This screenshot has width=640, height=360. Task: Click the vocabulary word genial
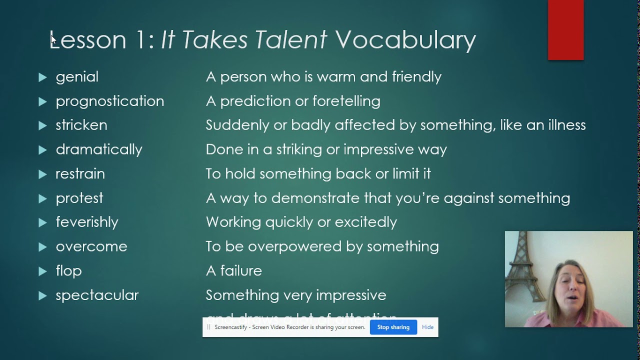(77, 77)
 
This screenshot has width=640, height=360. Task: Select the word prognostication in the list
(109, 101)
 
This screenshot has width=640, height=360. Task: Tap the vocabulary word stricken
(81, 125)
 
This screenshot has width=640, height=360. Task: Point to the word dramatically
(98, 149)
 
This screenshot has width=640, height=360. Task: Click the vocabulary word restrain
(80, 174)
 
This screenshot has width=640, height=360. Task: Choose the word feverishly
(86, 222)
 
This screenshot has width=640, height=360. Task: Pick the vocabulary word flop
(68, 270)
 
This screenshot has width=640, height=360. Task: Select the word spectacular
(97, 295)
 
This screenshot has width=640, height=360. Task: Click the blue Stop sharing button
(393, 327)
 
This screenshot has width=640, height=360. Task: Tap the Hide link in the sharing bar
(427, 327)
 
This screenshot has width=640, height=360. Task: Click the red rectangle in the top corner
(565, 30)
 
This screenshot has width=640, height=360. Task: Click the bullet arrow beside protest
(42, 198)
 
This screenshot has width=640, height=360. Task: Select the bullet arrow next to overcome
(42, 247)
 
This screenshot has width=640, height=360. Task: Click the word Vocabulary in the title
(405, 40)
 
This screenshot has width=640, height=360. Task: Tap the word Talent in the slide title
(290, 40)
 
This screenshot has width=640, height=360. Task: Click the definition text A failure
(233, 270)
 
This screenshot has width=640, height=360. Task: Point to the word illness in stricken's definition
(563, 125)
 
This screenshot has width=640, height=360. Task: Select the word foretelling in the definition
(346, 101)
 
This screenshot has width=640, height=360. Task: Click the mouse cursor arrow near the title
(53, 40)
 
